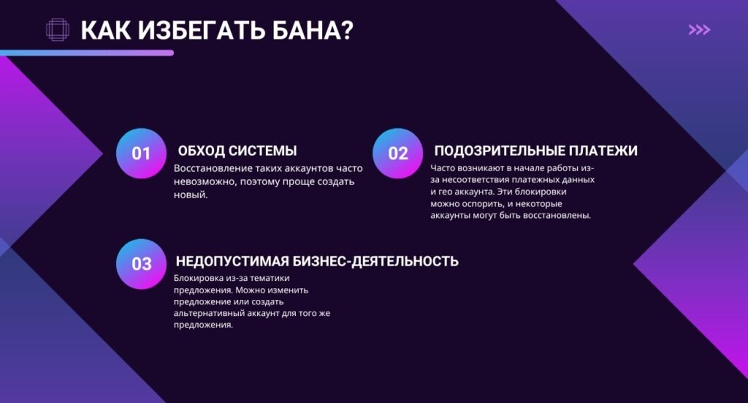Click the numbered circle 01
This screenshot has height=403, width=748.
point(141,154)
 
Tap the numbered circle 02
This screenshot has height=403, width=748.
point(397,154)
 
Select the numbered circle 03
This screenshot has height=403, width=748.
point(141,264)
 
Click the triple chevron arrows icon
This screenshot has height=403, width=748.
point(699,30)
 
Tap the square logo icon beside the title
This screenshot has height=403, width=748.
point(58,30)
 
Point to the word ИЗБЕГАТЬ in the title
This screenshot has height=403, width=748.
point(192,31)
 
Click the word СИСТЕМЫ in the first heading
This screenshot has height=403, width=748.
point(263,151)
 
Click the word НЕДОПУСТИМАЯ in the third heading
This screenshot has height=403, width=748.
point(232,261)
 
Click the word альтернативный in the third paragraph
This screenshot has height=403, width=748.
point(207,313)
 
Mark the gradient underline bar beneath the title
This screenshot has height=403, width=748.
point(87,53)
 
